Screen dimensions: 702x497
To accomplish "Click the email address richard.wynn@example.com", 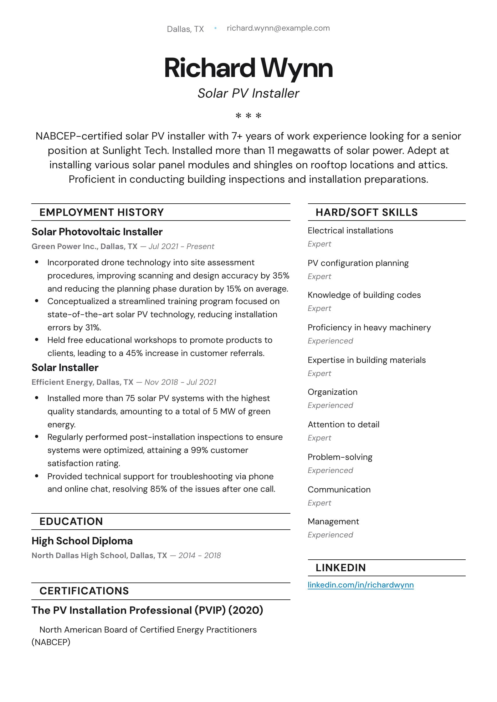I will tap(278, 28).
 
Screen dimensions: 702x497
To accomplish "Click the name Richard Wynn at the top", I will tap(248, 68).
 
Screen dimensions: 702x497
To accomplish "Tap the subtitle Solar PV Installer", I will tap(248, 93).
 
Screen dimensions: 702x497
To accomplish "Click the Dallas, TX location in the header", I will tap(185, 29).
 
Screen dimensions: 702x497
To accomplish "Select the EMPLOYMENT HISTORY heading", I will tap(101, 212).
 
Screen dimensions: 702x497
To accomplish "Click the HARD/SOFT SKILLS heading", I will tap(366, 212).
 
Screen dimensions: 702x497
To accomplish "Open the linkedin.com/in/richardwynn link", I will tap(361, 585).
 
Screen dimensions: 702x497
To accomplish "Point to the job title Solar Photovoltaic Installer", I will tap(97, 232).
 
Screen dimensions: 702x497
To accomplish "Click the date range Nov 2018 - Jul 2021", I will tap(180, 382).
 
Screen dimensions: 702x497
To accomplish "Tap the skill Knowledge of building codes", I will tap(364, 295).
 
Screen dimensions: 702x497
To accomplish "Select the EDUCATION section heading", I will tap(71, 521).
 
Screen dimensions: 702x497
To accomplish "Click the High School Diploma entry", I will tap(82, 541).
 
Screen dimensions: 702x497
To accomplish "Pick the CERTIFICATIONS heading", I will tap(84, 591).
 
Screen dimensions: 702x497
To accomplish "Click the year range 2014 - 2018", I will tap(199, 555).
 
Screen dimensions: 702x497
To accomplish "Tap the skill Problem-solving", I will tap(340, 457).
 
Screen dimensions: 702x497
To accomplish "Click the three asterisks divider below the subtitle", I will tap(248, 116).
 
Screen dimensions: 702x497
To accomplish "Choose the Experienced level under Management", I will tap(330, 535).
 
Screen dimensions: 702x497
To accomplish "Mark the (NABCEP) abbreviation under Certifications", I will tap(51, 642).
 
